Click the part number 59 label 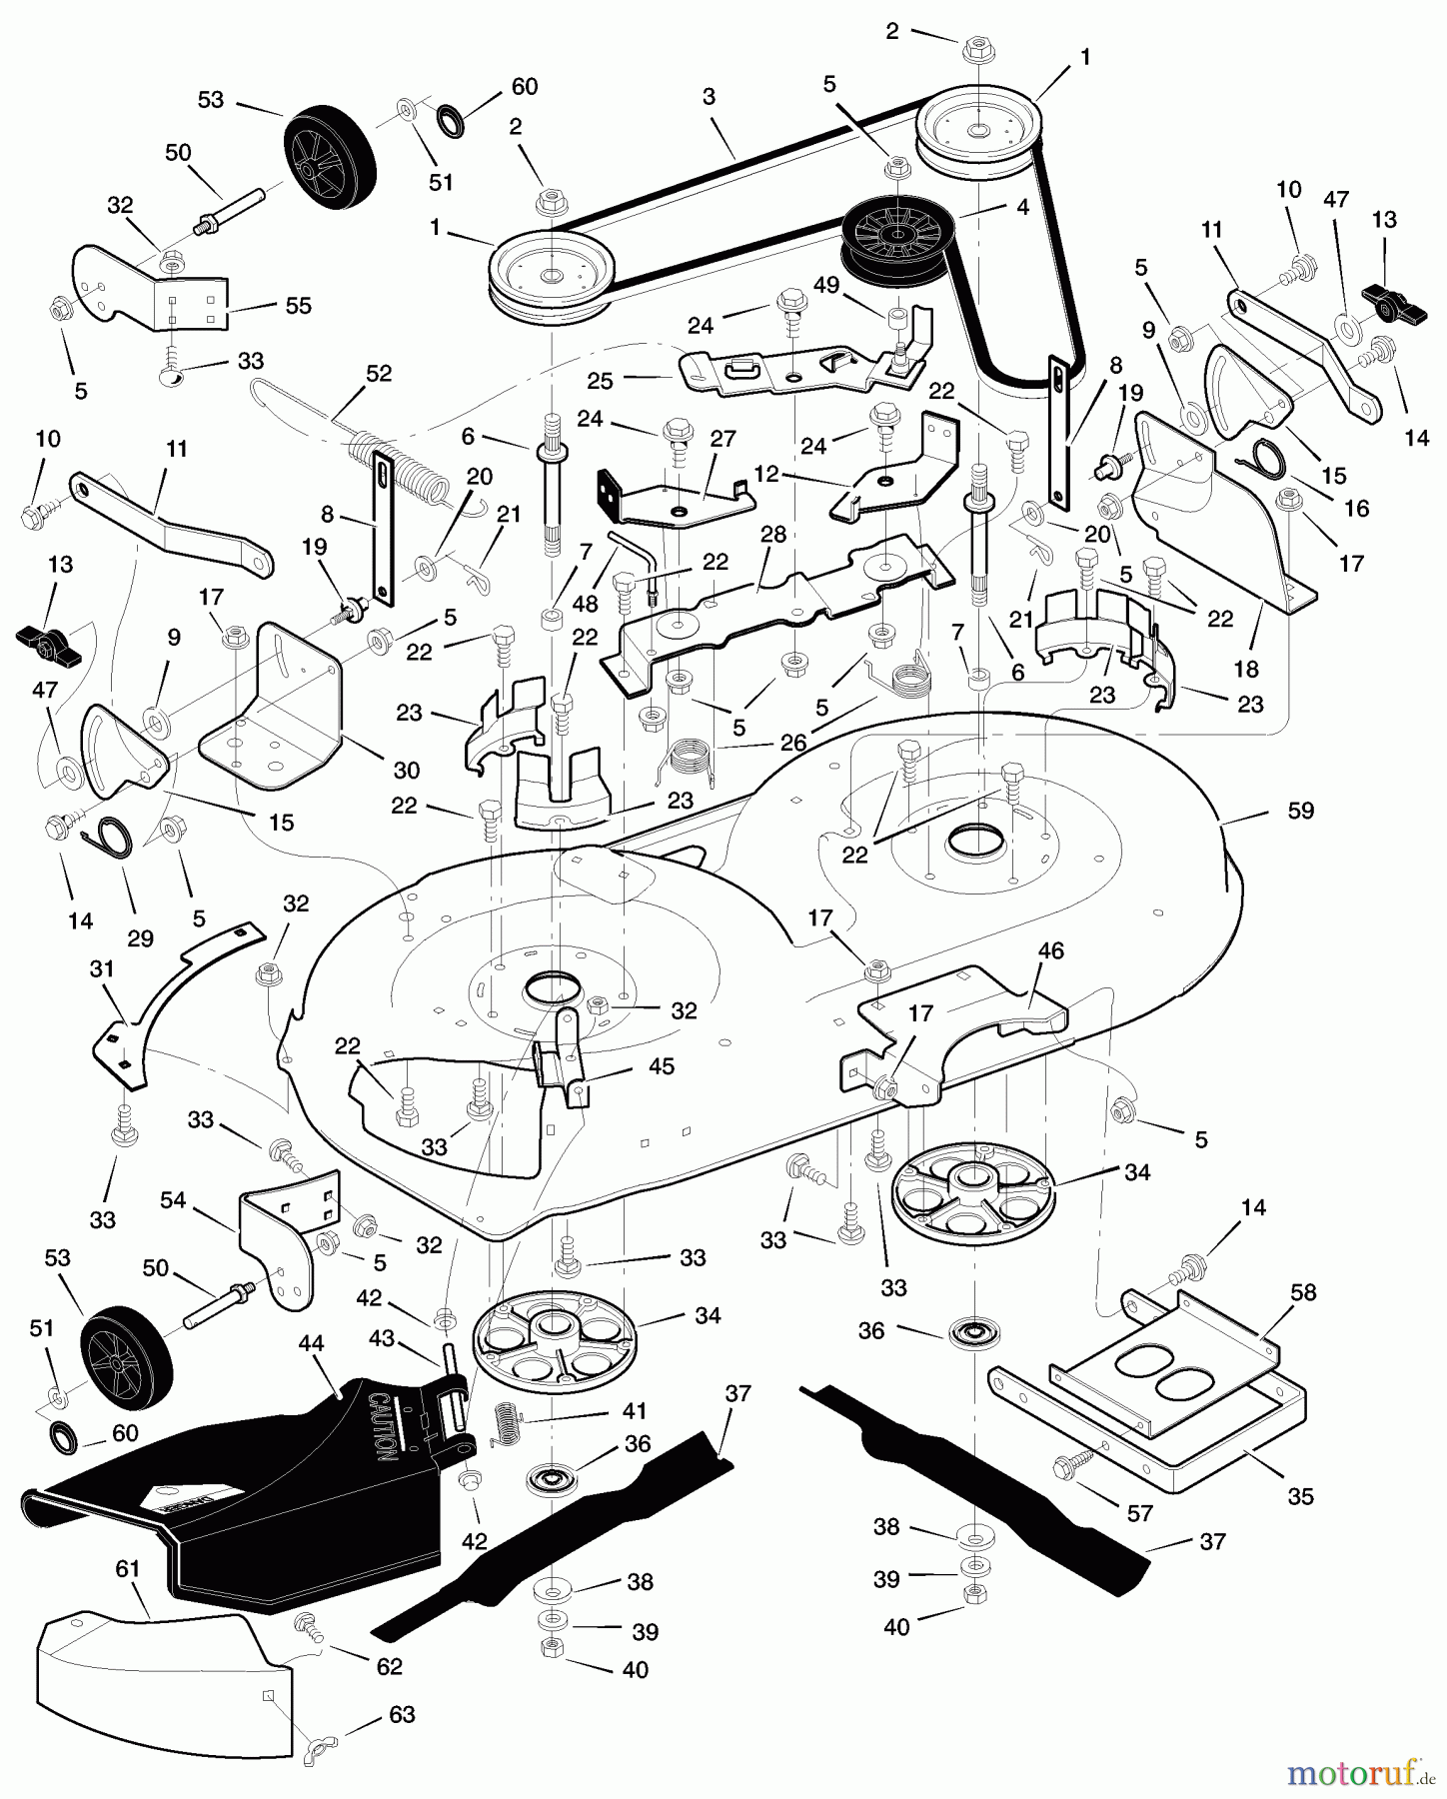1300,811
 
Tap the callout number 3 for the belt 709,97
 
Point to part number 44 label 312,1344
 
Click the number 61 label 127,1570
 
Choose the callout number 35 1300,1496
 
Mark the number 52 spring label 379,373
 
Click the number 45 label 661,1066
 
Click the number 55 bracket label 298,306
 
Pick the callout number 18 1245,669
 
